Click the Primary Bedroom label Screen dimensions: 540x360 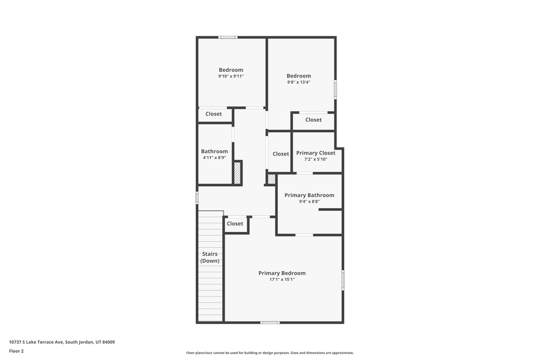(282, 273)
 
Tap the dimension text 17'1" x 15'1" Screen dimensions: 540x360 (282, 279)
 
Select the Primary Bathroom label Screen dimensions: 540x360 (309, 195)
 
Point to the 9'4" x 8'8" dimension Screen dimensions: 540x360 (309, 202)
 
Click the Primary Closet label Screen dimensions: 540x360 (316, 153)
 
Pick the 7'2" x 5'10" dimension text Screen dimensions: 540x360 (316, 159)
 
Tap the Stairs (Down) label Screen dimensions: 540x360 (210, 257)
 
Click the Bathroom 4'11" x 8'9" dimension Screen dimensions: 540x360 (214, 158)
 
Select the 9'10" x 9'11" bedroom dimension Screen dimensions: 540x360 (231, 76)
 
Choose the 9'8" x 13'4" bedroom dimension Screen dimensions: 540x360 (299, 82)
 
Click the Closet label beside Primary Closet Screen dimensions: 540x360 (281, 154)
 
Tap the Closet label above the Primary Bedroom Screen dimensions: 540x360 (235, 223)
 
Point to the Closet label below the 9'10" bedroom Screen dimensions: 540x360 (214, 114)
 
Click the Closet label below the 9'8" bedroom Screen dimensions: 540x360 (313, 120)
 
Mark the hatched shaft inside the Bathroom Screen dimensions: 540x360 (237, 173)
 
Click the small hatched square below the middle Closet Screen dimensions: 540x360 (272, 179)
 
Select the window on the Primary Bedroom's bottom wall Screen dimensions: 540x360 (270, 323)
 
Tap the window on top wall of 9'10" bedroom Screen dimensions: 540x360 (228, 37)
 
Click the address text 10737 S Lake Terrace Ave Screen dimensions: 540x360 (36, 342)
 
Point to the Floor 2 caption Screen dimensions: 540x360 (16, 351)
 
